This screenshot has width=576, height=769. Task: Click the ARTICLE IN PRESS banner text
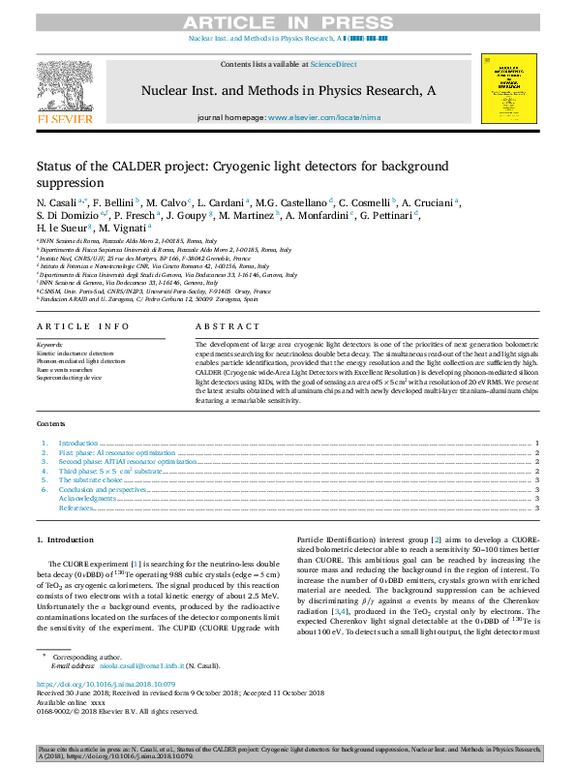[x=288, y=21]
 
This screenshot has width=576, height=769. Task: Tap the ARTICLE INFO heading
[x=82, y=327]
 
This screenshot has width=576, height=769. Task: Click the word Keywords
[x=49, y=345]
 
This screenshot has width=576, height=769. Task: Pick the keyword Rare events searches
[x=65, y=369]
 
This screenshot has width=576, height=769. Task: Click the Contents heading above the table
[x=51, y=424]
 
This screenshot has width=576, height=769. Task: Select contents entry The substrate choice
[x=91, y=479]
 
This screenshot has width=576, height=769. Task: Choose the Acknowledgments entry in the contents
[x=86, y=498]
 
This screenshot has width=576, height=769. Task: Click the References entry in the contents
[x=78, y=508]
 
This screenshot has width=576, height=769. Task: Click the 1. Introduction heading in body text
[x=65, y=538]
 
